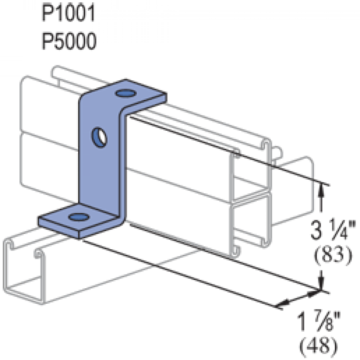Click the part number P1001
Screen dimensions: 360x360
tap(69, 15)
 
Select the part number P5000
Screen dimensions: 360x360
tap(69, 41)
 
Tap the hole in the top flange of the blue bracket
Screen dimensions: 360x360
tap(125, 93)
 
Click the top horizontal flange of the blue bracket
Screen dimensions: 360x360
tap(140, 96)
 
